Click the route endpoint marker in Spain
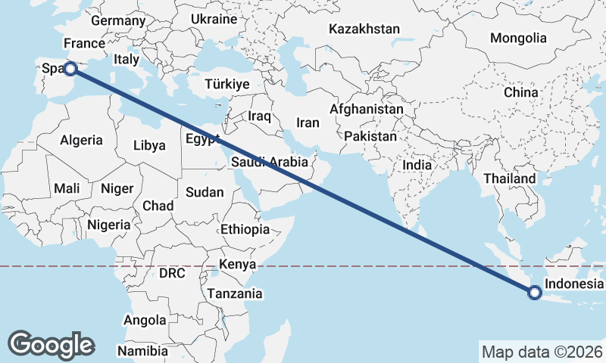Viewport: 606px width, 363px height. [70, 69]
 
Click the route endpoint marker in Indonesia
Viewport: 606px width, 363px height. [535, 293]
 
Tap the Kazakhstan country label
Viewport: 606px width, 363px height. [364, 29]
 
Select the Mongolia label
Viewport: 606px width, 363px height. [518, 38]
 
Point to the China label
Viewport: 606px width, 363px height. [521, 92]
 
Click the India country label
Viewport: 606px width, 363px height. [417, 165]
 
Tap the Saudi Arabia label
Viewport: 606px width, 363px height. [270, 161]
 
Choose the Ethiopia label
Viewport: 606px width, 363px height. [245, 229]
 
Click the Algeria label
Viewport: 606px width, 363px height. [81, 140]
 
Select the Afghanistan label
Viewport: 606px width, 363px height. [367, 109]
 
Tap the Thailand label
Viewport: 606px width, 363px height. [511, 179]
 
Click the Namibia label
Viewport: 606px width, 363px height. [143, 351]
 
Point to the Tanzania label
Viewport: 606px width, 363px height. [235, 293]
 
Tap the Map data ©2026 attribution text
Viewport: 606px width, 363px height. [542, 352]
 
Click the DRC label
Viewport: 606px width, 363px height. [173, 272]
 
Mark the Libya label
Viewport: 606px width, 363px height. [149, 145]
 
